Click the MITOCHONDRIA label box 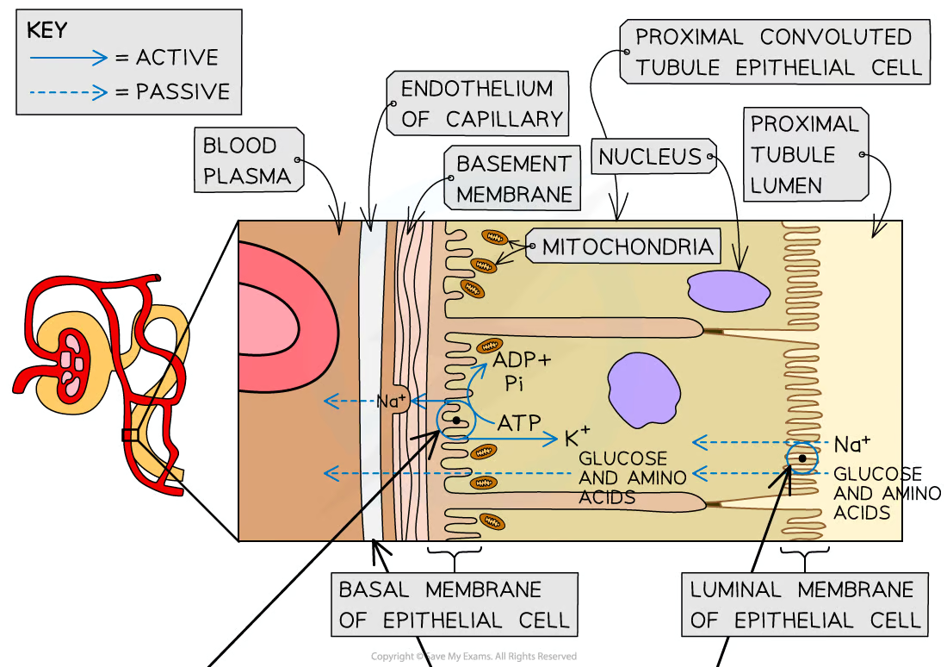tap(627, 248)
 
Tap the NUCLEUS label tap(650, 157)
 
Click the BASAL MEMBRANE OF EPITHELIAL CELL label tap(454, 605)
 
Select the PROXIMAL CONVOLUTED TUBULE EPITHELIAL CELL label tap(772, 53)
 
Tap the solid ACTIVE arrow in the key tap(67, 58)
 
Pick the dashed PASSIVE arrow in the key tap(67, 91)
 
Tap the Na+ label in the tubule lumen tap(852, 445)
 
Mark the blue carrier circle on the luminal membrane tap(801, 458)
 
